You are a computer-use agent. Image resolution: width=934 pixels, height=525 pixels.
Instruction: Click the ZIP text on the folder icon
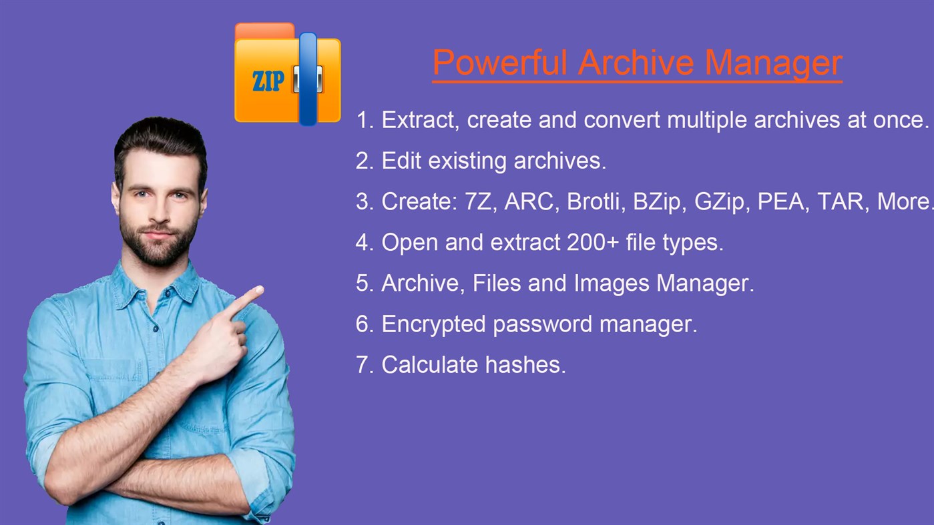point(268,81)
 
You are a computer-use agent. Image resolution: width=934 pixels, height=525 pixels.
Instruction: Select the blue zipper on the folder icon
point(308,79)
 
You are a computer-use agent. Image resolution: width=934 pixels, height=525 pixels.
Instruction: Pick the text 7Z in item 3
point(478,201)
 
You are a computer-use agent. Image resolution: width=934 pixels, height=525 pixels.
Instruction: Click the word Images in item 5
point(608,283)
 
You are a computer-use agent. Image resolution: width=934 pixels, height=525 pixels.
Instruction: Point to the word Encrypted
point(433,324)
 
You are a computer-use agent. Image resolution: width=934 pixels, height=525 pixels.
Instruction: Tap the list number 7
point(362,365)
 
